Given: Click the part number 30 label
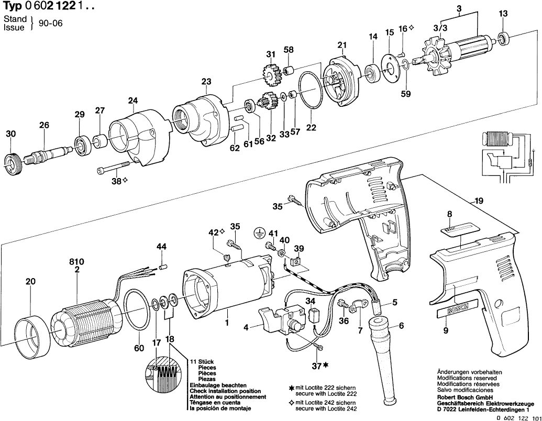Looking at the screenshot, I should tap(10, 135).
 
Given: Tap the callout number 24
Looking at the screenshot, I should tap(132, 101).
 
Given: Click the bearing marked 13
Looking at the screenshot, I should tap(503, 38).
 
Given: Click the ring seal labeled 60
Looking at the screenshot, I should tap(138, 310).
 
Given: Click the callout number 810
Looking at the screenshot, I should tap(76, 261).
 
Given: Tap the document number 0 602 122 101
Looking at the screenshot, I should tap(516, 417).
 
